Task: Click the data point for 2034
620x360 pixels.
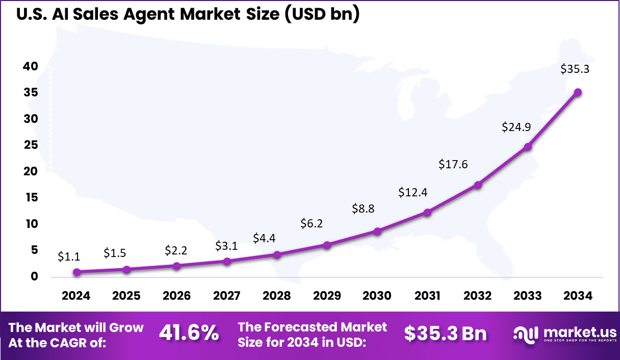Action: [x=578, y=92]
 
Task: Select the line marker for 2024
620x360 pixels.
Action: [x=76, y=272]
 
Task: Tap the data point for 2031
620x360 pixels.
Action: [x=427, y=212]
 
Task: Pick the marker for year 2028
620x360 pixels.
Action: [x=277, y=254]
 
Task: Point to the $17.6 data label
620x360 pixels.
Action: [x=453, y=164]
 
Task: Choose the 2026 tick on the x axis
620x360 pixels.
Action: [x=177, y=296]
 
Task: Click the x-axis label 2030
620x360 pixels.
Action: [x=377, y=296]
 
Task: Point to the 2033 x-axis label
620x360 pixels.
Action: [x=528, y=296]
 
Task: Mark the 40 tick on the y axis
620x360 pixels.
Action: [x=30, y=66]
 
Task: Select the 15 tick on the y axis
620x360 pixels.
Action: [x=31, y=198]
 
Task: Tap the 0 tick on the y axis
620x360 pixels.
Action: [x=34, y=277]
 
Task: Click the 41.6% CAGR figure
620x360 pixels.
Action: [x=189, y=333]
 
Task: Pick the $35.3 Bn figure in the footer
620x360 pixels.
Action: [x=445, y=333]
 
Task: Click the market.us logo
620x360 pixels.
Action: [x=563, y=334]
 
